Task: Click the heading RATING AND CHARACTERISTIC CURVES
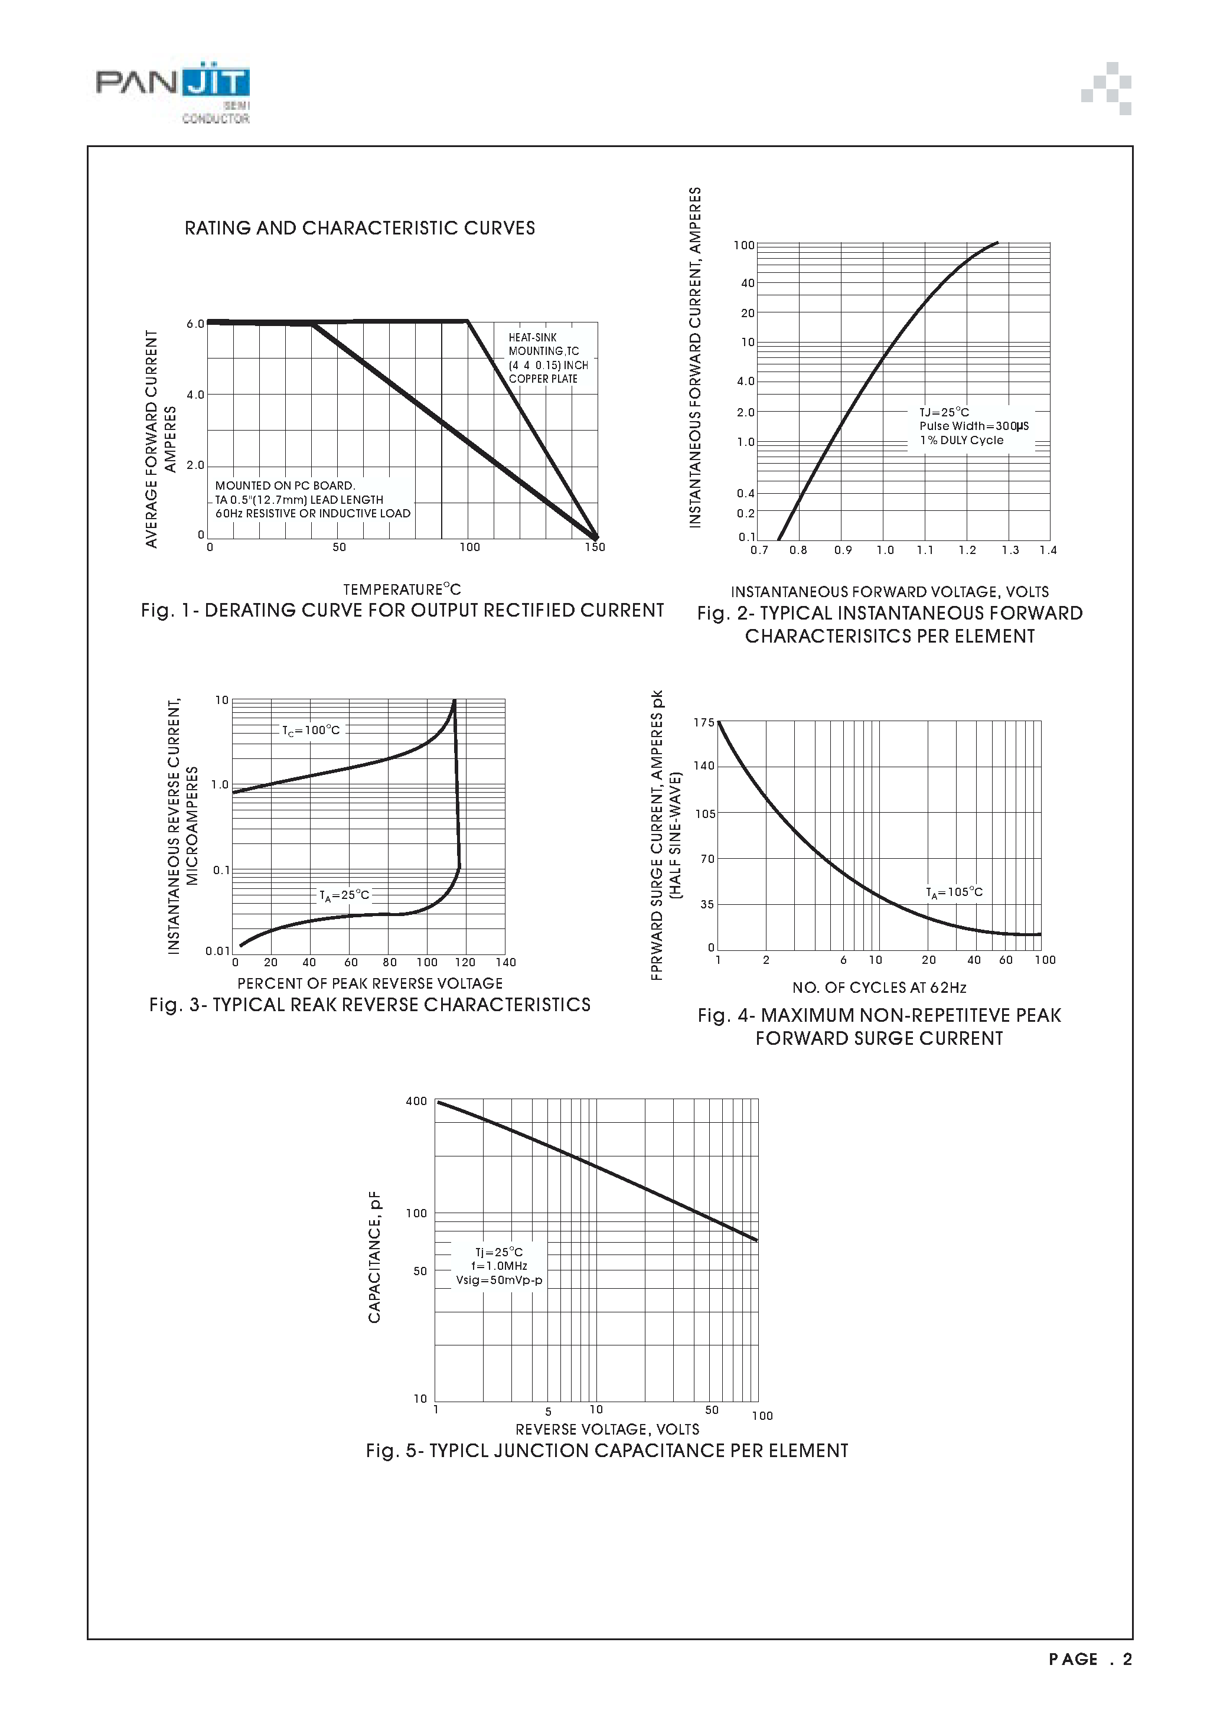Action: (360, 228)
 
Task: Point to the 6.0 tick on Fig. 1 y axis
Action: (195, 324)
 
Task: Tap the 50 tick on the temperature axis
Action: (339, 548)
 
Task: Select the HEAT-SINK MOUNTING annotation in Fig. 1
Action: (547, 358)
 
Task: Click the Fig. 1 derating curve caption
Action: (402, 611)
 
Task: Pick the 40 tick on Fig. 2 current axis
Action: (747, 284)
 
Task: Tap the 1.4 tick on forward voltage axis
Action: (1048, 550)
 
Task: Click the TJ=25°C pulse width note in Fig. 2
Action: (973, 426)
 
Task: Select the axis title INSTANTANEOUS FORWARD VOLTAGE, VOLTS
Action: (889, 592)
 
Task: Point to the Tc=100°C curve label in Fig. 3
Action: (311, 731)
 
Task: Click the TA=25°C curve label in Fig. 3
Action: (344, 895)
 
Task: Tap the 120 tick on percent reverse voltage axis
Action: (465, 962)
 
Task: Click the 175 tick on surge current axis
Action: (703, 723)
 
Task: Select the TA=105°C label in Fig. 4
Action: (954, 892)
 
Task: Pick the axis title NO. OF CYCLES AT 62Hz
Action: (879, 988)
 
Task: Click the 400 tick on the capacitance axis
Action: (416, 1101)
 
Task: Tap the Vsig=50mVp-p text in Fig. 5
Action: (498, 1280)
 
